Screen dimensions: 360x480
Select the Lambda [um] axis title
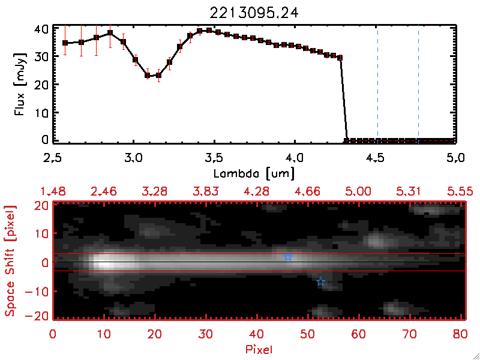tap(254, 173)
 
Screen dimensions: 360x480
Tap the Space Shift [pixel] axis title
tap(10, 260)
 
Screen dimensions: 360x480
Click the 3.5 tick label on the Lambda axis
tap(213, 158)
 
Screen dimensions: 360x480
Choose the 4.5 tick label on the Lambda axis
tap(375, 158)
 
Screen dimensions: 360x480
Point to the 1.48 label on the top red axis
tap(52, 191)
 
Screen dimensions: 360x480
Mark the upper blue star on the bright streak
tap(288, 258)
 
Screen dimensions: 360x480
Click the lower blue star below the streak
tap(320, 282)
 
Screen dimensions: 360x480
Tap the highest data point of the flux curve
tap(209, 30)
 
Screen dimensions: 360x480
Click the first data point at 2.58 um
tap(65, 43)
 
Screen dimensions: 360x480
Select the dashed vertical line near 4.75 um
tap(418, 84)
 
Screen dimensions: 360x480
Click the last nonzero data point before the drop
tap(340, 58)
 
